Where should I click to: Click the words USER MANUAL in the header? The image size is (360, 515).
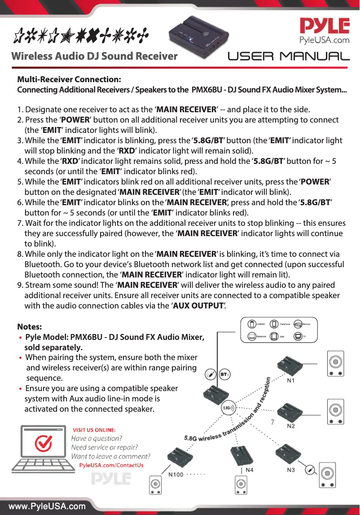pyautogui.click(x=289, y=57)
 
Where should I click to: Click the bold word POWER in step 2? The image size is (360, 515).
pyautogui.click(x=74, y=120)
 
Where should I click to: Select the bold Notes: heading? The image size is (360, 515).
pyautogui.click(x=30, y=326)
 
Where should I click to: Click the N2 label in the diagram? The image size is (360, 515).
pyautogui.click(x=291, y=426)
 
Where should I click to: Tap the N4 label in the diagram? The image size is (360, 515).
pyautogui.click(x=249, y=470)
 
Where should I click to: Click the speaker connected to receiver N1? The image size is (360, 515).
pyautogui.click(x=335, y=364)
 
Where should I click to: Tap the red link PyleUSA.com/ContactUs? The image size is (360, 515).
pyautogui.click(x=111, y=465)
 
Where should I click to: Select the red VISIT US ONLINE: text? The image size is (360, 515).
pyautogui.click(x=94, y=430)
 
